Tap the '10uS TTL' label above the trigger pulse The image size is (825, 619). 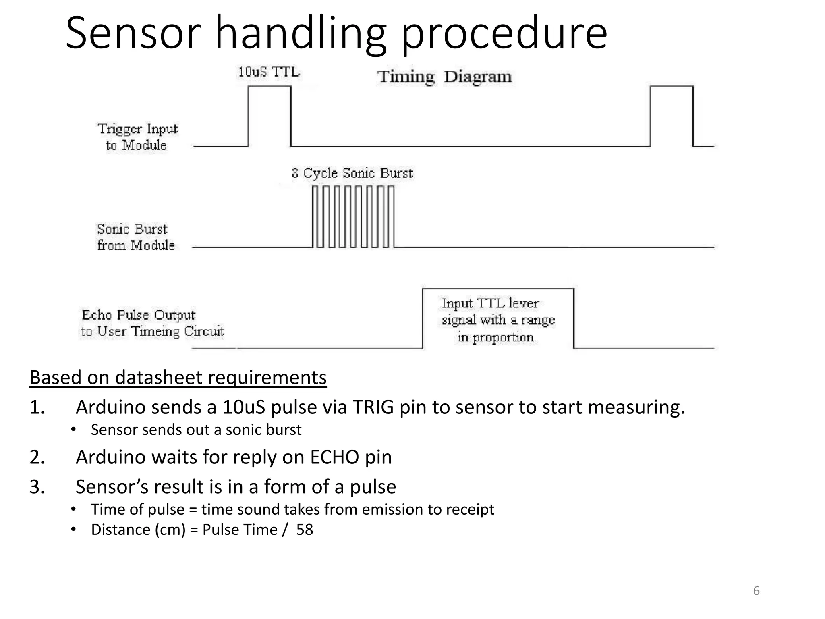point(269,73)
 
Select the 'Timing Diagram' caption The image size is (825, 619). point(444,77)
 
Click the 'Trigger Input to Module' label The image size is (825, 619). point(137,137)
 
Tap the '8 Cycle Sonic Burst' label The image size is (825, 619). point(352,173)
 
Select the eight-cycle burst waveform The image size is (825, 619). point(353,216)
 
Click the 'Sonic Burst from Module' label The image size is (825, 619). point(135,237)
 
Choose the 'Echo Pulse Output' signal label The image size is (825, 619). point(139,315)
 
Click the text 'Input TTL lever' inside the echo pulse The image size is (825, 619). point(490,303)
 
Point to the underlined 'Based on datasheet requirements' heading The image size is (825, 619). point(178,378)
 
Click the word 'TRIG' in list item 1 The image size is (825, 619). point(373,407)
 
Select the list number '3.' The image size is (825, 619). point(37,487)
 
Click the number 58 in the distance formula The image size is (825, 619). point(305,530)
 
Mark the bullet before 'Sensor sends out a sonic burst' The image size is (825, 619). point(73,430)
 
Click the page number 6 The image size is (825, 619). point(756,591)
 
